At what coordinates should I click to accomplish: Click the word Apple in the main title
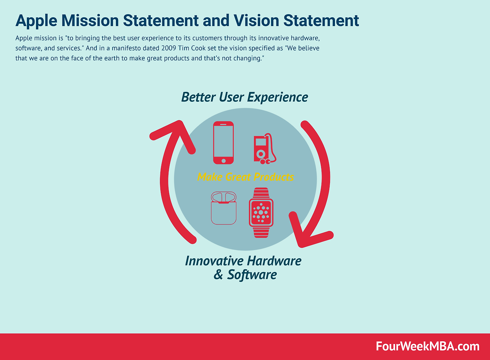click(36, 21)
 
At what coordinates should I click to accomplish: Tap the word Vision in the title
click(256, 21)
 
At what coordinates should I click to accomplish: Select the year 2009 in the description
click(169, 48)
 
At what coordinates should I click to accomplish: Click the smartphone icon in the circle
click(223, 143)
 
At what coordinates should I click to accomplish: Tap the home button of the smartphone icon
click(223, 161)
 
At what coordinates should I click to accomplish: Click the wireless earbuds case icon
click(223, 208)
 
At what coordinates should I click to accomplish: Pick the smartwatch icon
click(261, 212)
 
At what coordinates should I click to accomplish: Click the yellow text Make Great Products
click(245, 177)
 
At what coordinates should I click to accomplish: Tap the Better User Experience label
click(245, 97)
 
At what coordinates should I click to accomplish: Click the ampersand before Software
click(218, 275)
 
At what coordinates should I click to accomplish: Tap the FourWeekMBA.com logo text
click(428, 347)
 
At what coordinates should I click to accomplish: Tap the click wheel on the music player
click(261, 154)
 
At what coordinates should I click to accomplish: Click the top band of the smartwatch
click(261, 193)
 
